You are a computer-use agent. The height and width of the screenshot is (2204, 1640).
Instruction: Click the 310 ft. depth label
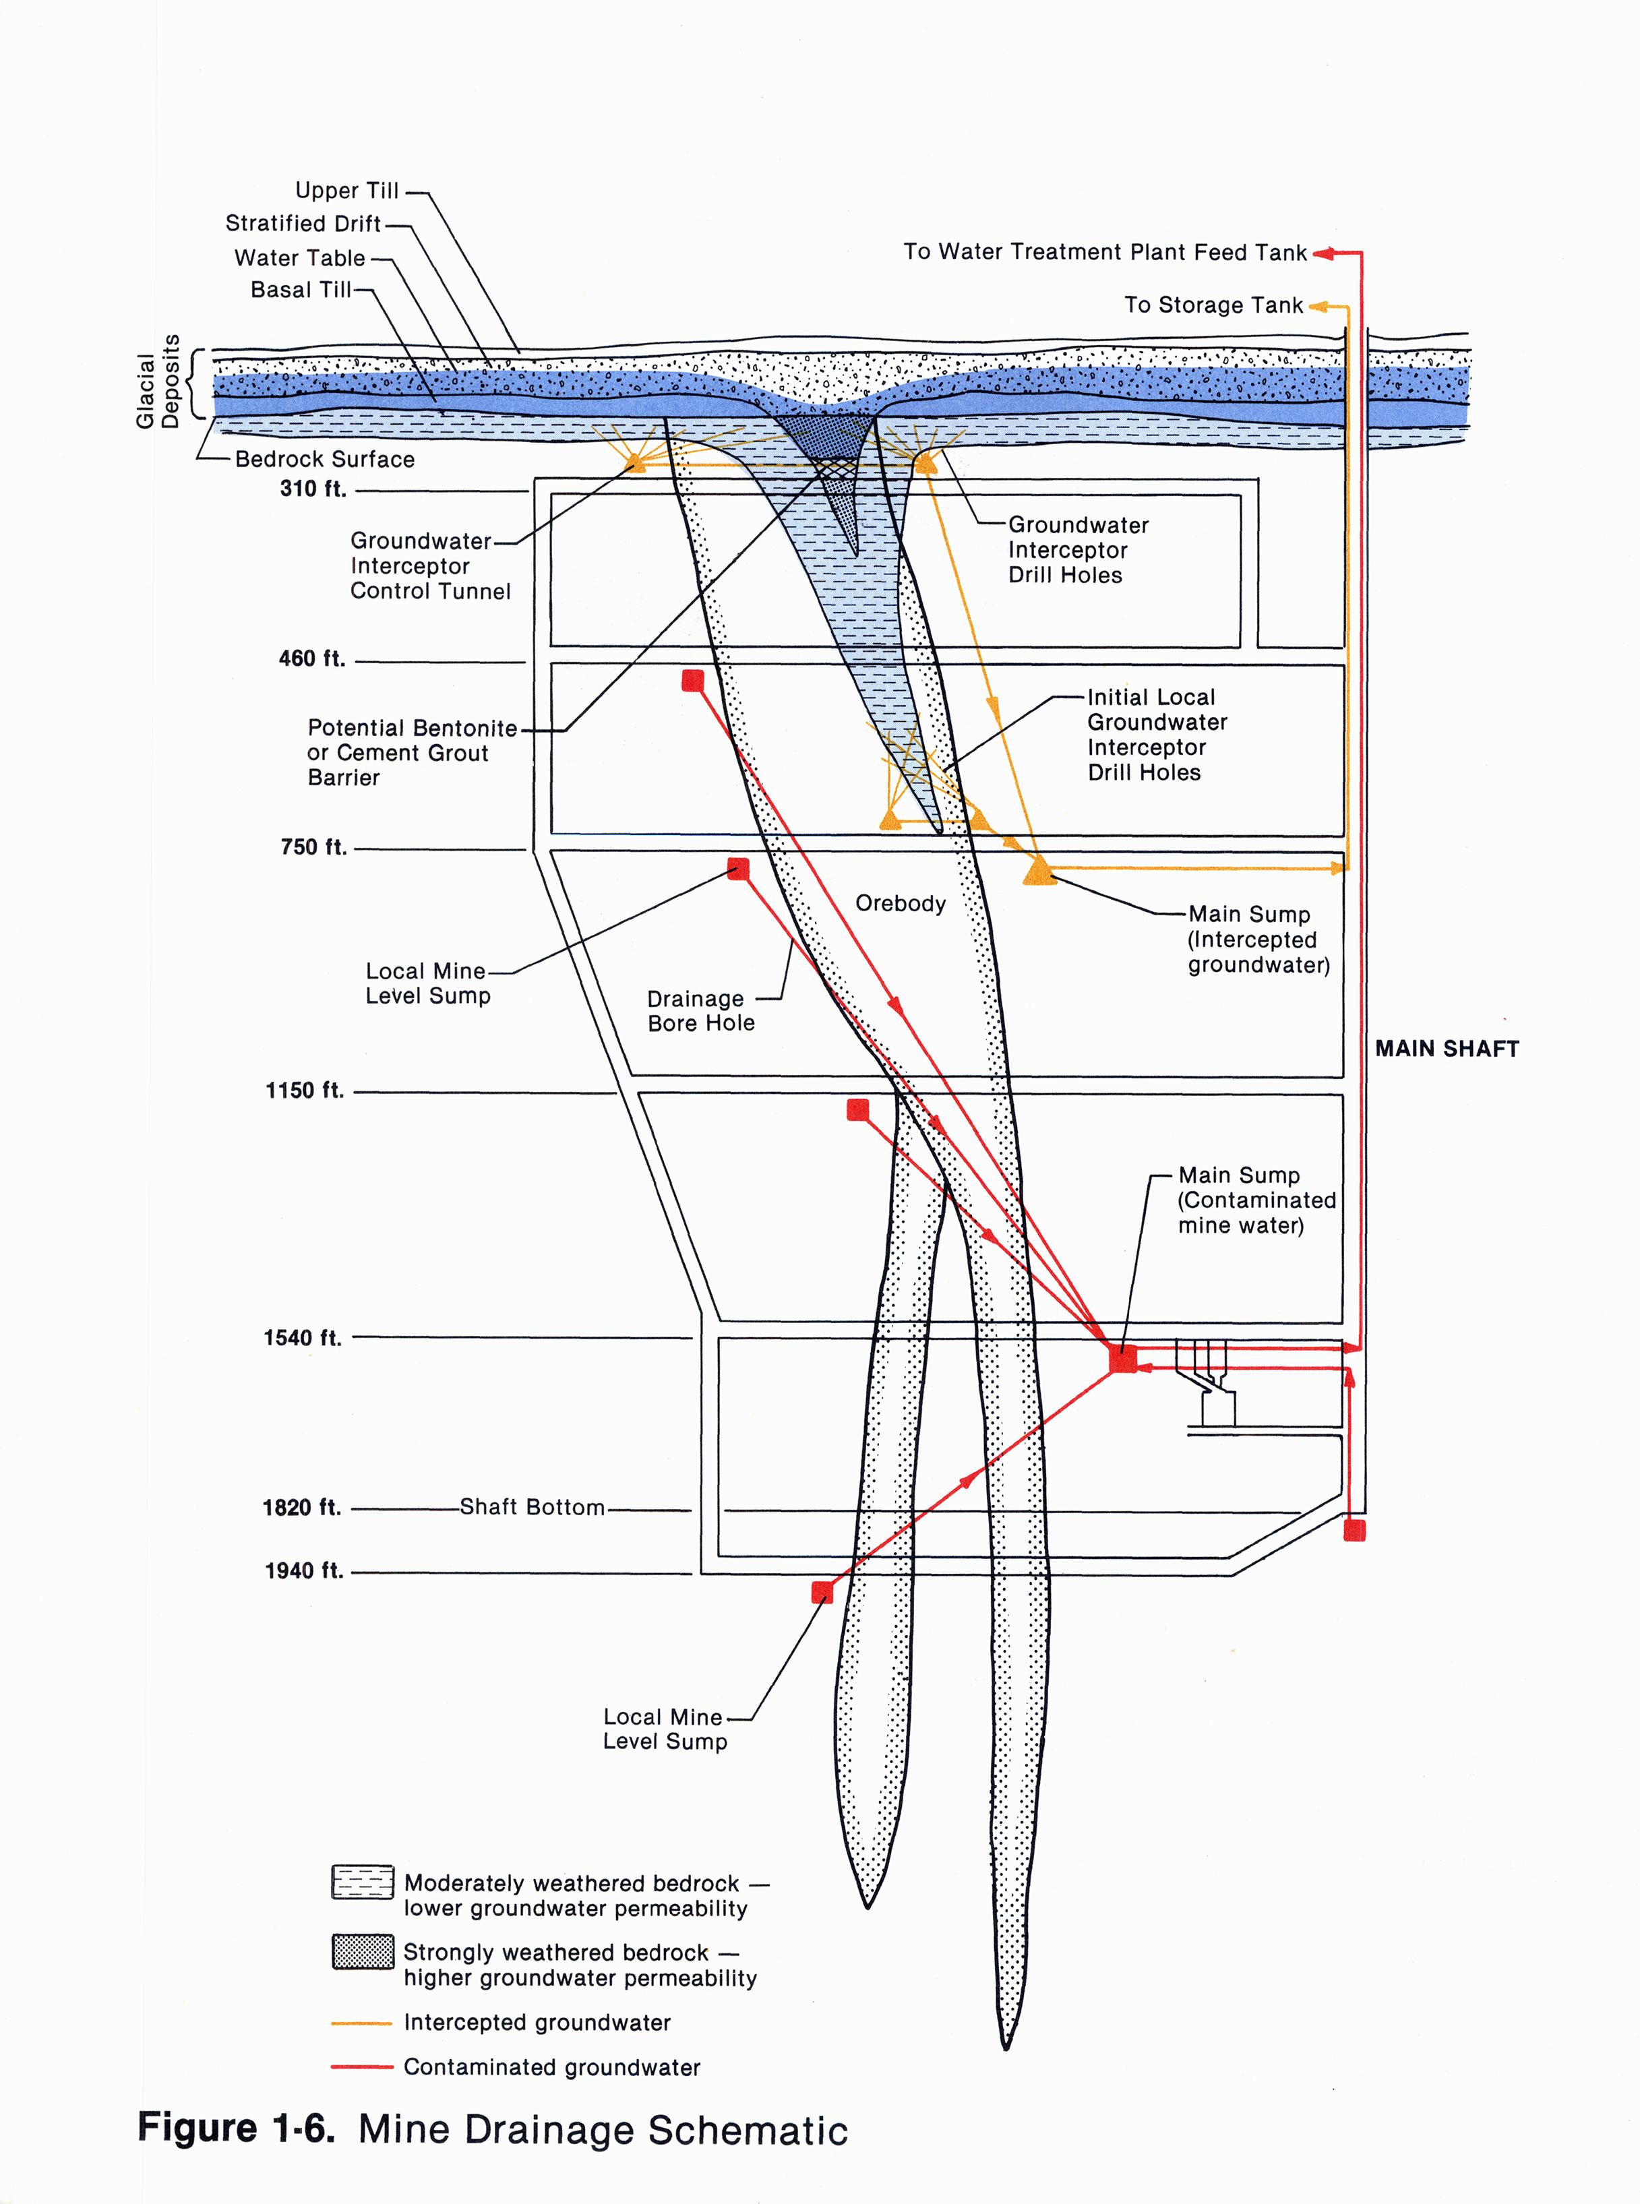pos(313,489)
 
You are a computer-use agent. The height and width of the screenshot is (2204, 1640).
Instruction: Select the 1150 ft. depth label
pos(305,1090)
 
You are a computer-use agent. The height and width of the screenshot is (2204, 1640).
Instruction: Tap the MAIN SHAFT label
pos(1447,1048)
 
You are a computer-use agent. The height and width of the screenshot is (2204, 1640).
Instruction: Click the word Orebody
pos(901,903)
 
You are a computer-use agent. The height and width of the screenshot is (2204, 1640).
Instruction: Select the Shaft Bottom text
pos(532,1507)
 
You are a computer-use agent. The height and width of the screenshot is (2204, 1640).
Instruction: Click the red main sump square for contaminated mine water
pos(1123,1359)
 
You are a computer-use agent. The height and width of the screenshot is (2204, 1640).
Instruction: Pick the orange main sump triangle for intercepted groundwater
pos(1039,871)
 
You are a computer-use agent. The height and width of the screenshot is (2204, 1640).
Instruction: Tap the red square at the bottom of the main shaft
pos(1354,1530)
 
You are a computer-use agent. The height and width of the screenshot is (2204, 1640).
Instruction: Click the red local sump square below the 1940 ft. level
pos(822,1593)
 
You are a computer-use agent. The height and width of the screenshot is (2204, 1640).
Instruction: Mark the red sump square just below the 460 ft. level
pos(693,680)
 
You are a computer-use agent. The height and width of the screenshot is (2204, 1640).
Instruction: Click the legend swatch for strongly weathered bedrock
pos(363,1952)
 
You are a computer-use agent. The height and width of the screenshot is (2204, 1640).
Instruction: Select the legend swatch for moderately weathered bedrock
pos(363,1882)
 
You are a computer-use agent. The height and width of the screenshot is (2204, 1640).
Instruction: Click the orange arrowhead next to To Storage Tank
pos(1317,307)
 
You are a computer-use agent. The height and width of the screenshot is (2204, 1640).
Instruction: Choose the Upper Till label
pos(346,191)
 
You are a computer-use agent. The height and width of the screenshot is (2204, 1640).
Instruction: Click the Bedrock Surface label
pos(325,459)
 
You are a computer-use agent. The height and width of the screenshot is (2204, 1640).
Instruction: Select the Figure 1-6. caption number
pos(237,2129)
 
